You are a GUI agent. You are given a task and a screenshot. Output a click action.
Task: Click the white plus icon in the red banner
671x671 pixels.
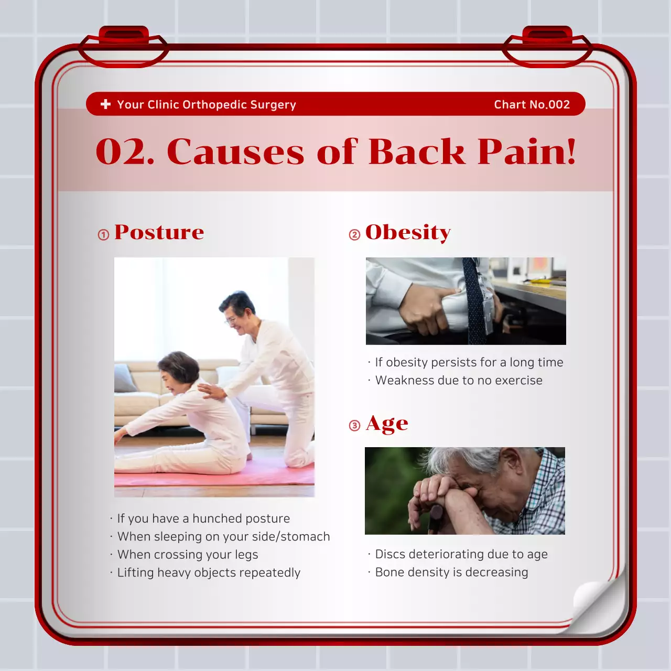click(105, 104)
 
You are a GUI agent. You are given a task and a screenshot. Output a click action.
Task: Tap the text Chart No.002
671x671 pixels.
click(532, 104)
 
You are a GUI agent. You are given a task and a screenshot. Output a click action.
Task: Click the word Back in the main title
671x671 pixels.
click(416, 152)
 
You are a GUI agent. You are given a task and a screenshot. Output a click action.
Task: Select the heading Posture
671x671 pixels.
click(159, 232)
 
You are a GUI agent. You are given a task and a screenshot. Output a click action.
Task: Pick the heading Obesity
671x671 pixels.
click(408, 232)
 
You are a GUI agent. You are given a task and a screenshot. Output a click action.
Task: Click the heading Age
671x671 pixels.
click(387, 424)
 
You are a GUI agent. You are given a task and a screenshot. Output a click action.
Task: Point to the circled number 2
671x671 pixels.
click(354, 234)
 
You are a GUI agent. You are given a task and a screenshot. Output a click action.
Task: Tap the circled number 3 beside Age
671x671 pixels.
click(354, 425)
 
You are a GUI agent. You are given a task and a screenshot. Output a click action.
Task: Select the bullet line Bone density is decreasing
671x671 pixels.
click(451, 572)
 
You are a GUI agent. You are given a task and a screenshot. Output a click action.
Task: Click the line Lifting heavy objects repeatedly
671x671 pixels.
click(209, 572)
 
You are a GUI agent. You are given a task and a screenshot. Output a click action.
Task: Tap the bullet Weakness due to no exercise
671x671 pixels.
click(459, 380)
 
